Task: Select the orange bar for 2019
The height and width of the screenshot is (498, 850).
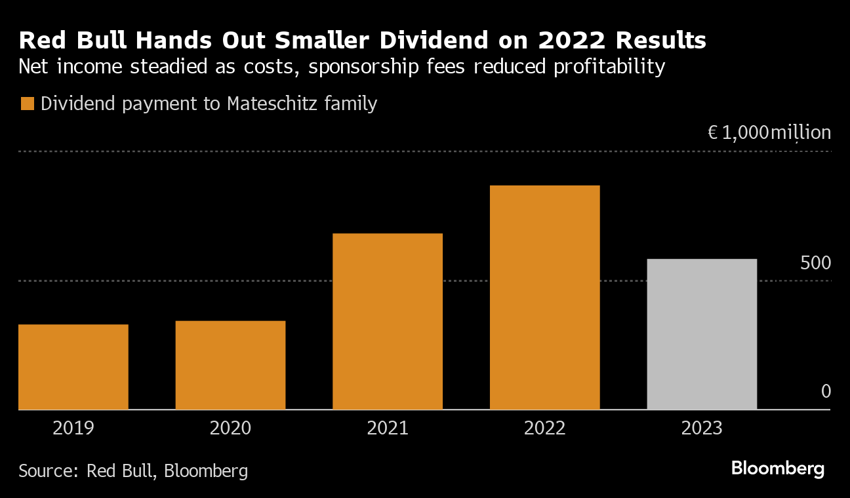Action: (x=73, y=367)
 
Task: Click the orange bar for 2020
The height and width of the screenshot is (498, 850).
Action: (x=230, y=365)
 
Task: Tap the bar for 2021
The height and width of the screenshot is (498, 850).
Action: (x=388, y=321)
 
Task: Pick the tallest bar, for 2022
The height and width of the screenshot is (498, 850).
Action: (x=545, y=297)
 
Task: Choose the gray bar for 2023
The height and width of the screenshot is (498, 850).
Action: (x=702, y=334)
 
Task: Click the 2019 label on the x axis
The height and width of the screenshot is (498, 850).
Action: (x=73, y=429)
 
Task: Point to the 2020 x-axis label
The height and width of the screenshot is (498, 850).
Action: (x=230, y=429)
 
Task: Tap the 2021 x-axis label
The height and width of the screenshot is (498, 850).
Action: (x=388, y=429)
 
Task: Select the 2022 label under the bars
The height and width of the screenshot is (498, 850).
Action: (x=545, y=429)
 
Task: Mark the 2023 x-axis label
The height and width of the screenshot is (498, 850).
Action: (x=702, y=429)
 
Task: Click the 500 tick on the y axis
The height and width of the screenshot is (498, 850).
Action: (x=815, y=263)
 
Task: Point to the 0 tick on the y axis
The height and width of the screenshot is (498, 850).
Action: (x=826, y=392)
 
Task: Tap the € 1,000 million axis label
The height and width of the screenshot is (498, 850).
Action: (x=769, y=133)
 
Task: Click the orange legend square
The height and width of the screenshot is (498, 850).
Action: (x=28, y=104)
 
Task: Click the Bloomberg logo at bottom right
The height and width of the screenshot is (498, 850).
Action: (x=777, y=469)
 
